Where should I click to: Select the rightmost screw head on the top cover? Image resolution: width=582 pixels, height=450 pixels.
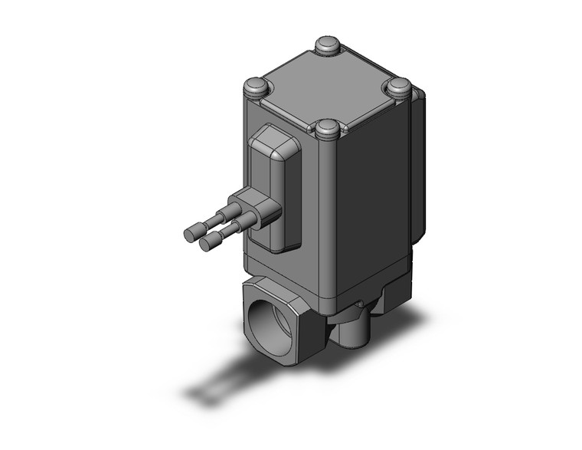pos(398,86)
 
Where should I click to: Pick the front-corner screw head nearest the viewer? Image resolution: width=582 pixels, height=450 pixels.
pos(328,129)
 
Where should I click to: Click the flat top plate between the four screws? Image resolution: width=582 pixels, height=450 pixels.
pos(328,86)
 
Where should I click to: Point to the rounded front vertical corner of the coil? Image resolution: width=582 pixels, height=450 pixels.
pos(327,230)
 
